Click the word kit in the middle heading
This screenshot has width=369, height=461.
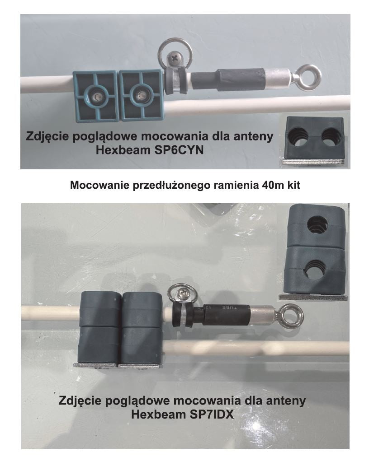(293, 185)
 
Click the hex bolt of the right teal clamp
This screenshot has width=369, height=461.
(141, 95)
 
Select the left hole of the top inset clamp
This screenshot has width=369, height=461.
(298, 138)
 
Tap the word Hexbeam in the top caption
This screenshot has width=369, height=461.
(123, 150)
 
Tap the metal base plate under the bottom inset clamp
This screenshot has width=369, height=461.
(313, 297)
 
